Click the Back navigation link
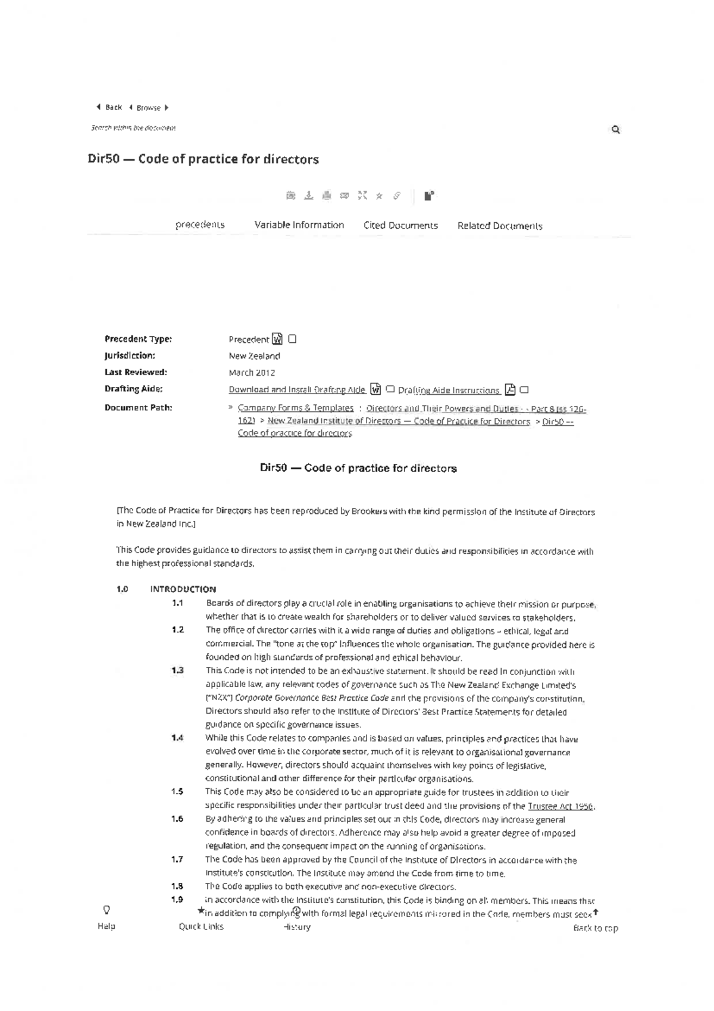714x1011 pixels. point(112,107)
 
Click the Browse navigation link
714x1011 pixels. point(148,108)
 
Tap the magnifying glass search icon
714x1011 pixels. point(616,129)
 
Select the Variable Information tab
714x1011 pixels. point(299,225)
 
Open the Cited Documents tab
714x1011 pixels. point(400,226)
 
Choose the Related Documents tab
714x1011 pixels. point(499,226)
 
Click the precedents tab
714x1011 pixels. point(200,225)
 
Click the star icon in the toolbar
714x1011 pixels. point(379,196)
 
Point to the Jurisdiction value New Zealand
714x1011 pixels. point(254,356)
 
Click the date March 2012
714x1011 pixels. point(252,373)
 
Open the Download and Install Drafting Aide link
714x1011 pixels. point(297,390)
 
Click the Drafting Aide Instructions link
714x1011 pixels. point(449,391)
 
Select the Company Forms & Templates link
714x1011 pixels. point(295,408)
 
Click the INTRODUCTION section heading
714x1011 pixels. point(183,589)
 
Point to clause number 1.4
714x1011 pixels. point(177,738)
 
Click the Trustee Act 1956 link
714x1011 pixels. point(560,806)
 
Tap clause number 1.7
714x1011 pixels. point(177,859)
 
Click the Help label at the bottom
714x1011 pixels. point(107,926)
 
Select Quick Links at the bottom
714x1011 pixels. point(201,926)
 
